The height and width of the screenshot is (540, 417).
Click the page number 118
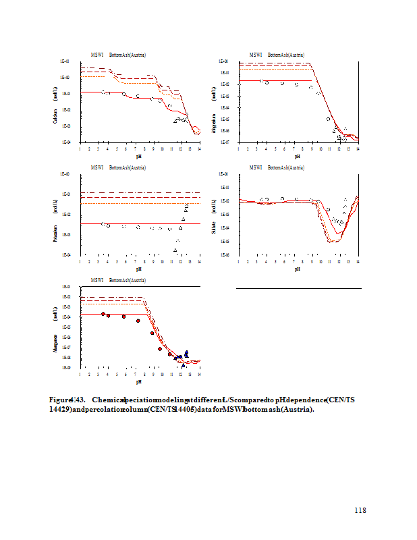(360, 510)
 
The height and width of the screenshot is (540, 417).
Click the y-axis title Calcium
(55, 116)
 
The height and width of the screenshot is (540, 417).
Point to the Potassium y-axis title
(55, 233)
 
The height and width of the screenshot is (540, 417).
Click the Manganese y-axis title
(55, 344)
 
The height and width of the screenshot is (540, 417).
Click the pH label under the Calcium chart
(138, 156)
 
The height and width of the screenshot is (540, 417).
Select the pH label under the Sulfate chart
(297, 269)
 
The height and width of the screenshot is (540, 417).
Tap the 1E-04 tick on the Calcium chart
(66, 142)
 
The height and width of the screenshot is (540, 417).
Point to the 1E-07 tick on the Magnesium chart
(225, 142)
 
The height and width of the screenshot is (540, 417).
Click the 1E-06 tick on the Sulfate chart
(225, 255)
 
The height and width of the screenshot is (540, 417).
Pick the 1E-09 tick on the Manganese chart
(66, 367)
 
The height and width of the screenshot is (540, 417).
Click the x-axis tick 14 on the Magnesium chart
(358, 148)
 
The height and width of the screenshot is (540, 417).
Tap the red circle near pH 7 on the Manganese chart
(138, 321)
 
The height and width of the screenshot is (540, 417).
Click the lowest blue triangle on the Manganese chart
(183, 365)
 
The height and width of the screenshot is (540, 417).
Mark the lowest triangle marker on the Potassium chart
(175, 250)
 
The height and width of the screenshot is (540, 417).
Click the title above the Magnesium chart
(277, 55)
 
